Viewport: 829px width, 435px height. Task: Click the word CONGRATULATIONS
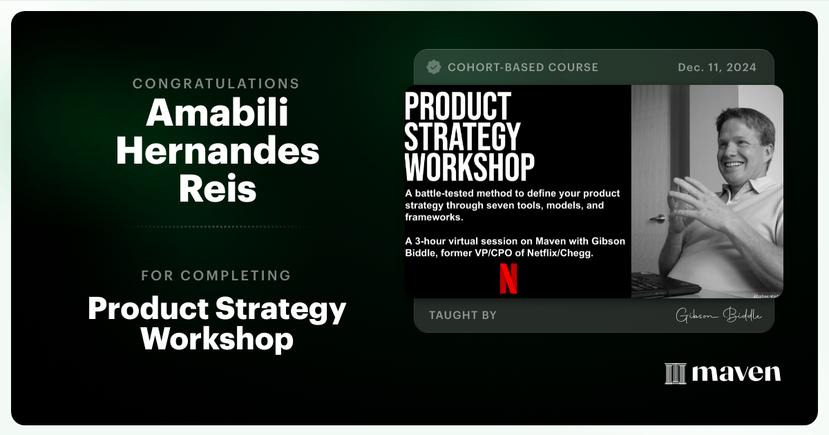pos(216,84)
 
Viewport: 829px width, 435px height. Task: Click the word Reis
pos(217,189)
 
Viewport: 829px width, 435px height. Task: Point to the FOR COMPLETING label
pos(216,275)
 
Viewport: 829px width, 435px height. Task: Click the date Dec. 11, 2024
pos(717,67)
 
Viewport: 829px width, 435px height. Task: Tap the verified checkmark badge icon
pos(434,67)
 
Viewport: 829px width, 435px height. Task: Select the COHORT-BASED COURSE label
pos(523,67)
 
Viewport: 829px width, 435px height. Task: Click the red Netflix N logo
pos(508,279)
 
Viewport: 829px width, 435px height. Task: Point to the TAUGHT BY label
pos(462,316)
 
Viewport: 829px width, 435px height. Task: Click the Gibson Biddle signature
pos(718,316)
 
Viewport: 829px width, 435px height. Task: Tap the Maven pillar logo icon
pos(675,374)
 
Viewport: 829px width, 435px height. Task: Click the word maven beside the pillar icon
pos(736,374)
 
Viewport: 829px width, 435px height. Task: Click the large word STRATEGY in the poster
pos(462,136)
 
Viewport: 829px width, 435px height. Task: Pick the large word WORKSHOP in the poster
pos(469,166)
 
